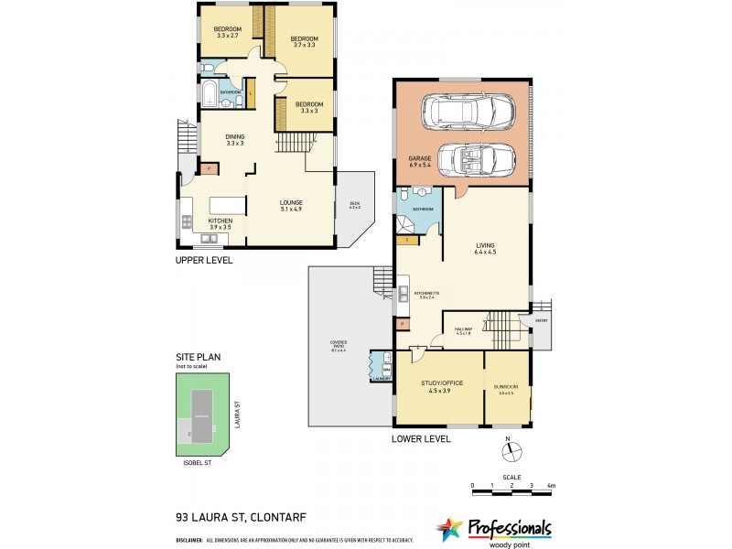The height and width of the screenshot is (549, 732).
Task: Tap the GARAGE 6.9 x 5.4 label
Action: pyautogui.click(x=418, y=161)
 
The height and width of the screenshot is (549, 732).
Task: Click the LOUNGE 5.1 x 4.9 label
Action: pyautogui.click(x=292, y=206)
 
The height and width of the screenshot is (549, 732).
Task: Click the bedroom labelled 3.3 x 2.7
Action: pyautogui.click(x=227, y=33)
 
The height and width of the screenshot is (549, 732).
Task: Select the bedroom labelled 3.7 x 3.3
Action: pyautogui.click(x=303, y=41)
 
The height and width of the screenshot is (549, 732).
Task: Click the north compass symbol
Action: pyautogui.click(x=512, y=450)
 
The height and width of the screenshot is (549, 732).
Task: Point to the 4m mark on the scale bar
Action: pyautogui.click(x=551, y=485)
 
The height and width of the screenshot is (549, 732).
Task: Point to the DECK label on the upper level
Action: pyautogui.click(x=355, y=206)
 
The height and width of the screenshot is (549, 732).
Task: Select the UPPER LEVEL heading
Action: pyautogui.click(x=204, y=260)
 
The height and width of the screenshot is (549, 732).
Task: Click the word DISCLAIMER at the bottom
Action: pyautogui.click(x=190, y=541)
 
